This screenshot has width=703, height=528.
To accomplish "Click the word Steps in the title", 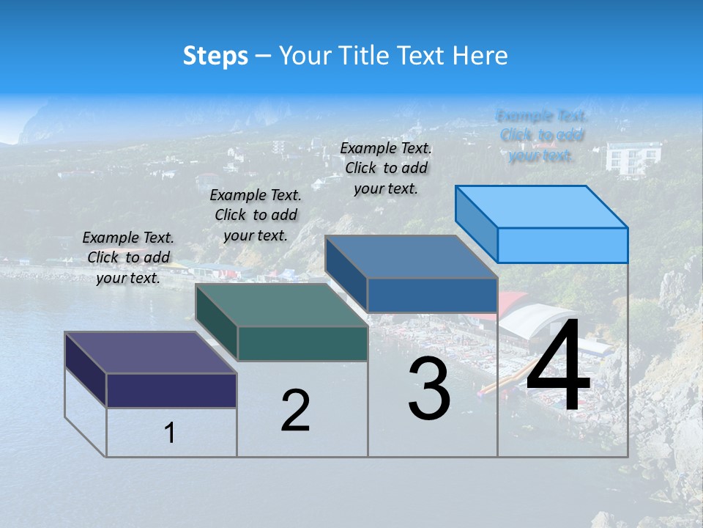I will pyautogui.click(x=215, y=56).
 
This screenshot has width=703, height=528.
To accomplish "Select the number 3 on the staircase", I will pyautogui.click(x=429, y=389).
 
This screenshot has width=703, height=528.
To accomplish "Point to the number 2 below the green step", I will pyautogui.click(x=295, y=411).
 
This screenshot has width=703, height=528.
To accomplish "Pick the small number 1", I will pyautogui.click(x=170, y=433).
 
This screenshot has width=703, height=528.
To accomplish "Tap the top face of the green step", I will pyautogui.click(x=281, y=305).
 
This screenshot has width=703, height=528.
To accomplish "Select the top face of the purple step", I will pyautogui.click(x=151, y=353).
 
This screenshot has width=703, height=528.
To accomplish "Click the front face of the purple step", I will pyautogui.click(x=171, y=390).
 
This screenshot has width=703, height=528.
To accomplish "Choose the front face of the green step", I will pyautogui.click(x=302, y=343).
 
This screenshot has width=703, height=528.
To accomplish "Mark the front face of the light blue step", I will pyautogui.click(x=562, y=245).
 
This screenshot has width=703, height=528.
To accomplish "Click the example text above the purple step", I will pyautogui.click(x=128, y=257).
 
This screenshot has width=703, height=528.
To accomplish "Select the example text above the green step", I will pyautogui.click(x=256, y=215).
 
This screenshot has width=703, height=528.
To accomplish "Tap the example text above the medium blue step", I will pyautogui.click(x=386, y=168).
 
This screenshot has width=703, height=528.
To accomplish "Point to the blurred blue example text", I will pyautogui.click(x=542, y=136).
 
